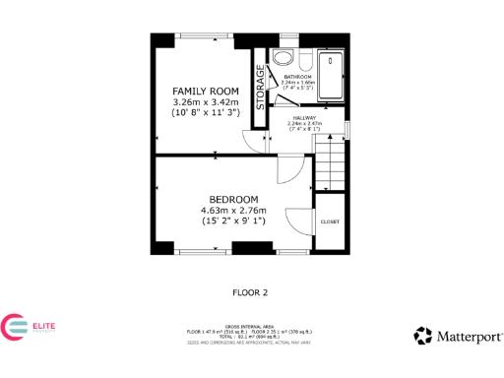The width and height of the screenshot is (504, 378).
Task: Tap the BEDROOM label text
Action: click(232, 199)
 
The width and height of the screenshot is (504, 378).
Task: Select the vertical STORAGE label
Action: click(261, 90)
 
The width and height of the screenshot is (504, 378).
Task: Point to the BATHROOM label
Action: click(297, 76)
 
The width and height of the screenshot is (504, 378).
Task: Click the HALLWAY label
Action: click(303, 118)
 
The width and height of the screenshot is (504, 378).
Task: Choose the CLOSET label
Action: click(330, 221)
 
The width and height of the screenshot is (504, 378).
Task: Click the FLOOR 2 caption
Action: click(251, 291)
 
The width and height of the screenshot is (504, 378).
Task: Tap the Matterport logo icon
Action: click(422, 336)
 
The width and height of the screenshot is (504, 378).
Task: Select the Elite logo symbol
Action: click(17, 329)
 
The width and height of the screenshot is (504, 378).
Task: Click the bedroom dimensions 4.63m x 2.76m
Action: click(232, 210)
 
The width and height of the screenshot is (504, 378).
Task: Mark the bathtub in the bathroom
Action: click(332, 74)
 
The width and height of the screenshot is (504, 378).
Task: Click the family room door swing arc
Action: click(256, 144)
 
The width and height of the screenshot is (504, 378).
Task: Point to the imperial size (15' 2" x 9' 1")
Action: click(232, 221)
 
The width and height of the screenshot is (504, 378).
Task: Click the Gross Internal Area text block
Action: click(251, 335)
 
